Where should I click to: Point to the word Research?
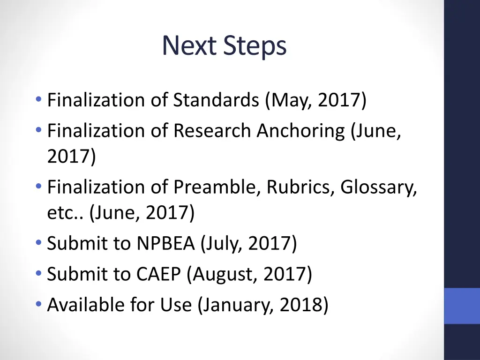[212, 131]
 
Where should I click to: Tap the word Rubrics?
[300, 187]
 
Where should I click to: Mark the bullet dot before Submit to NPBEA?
[38, 242]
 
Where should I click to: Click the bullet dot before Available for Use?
[38, 304]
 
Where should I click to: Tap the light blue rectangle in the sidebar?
[462, 306]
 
